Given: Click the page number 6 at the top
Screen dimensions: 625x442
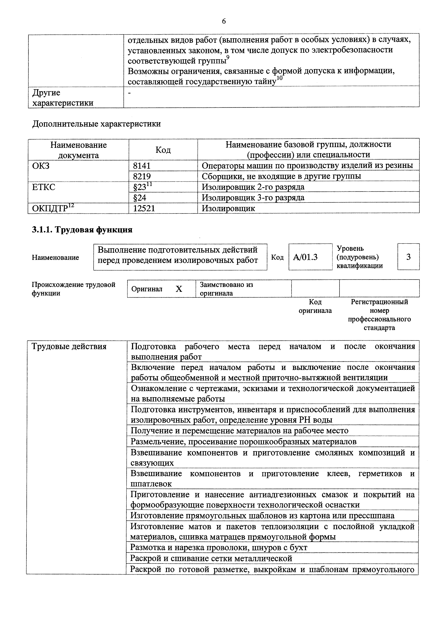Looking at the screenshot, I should click(224, 21).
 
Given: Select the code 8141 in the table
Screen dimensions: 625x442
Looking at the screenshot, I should click(142, 165).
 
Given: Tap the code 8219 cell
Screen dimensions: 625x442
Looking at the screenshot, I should click(142, 176).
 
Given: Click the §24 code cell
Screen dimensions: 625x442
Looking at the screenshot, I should click(140, 197).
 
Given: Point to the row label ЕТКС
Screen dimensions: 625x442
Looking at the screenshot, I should click(44, 187).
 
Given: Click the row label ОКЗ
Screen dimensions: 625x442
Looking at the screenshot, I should click(41, 165).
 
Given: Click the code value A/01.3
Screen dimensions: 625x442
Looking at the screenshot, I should click(305, 257).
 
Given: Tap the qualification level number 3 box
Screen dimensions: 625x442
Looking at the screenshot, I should click(408, 257).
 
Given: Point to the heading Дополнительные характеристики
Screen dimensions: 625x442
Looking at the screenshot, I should click(96, 124).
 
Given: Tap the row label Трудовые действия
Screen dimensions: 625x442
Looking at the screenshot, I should click(69, 347).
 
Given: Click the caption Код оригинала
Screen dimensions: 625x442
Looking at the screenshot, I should click(315, 306).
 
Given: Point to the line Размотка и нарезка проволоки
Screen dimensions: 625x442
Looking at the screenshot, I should click(219, 547).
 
